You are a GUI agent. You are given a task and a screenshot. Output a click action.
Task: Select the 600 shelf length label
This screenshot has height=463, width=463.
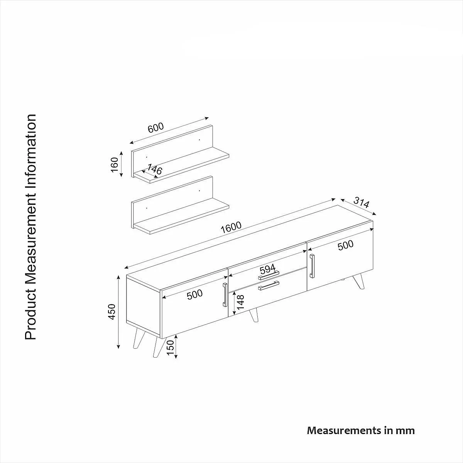tap(156, 128)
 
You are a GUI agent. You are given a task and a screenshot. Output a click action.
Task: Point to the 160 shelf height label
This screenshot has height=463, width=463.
tap(115, 165)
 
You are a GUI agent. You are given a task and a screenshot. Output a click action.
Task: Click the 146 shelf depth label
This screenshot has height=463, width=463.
tap(154, 169)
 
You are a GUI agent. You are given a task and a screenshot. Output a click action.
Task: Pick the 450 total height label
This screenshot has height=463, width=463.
tap(112, 312)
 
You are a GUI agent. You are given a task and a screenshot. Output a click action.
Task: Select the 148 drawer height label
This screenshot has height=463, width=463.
tap(240, 302)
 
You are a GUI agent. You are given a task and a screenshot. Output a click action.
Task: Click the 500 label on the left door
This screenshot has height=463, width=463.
tap(194, 294)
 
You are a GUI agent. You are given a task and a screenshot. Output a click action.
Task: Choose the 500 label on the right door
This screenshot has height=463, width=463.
tap(345, 245)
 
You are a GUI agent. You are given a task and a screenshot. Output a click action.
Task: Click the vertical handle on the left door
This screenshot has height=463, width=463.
tap(225, 294)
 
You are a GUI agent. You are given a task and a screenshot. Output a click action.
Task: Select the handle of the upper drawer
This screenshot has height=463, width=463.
tap(269, 275)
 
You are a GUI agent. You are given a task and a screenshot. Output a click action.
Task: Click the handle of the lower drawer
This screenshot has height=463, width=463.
tap(269, 286)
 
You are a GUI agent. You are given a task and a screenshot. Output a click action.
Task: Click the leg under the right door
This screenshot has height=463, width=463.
tap(358, 281)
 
